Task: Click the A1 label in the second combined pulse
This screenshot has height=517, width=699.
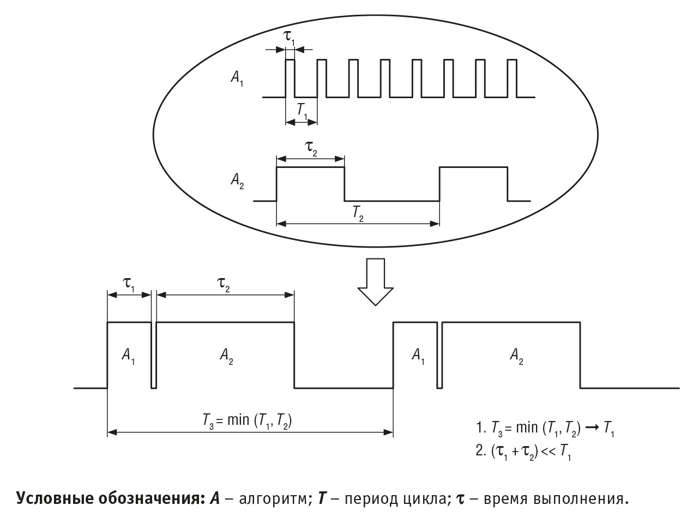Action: tap(418, 356)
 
